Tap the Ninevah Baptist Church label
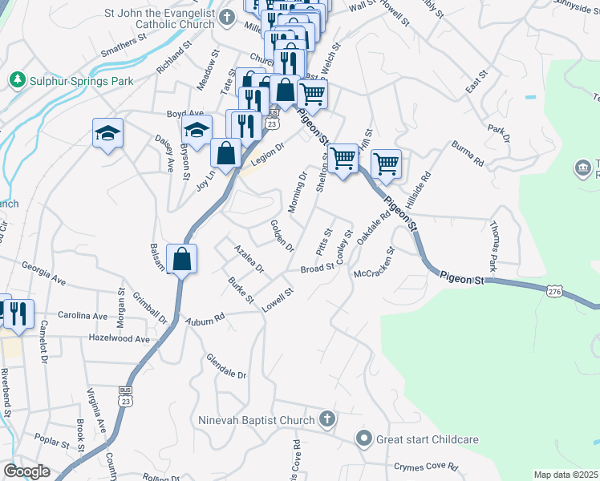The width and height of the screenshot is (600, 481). [x=257, y=419]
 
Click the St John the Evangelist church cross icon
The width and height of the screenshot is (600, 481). [x=228, y=16]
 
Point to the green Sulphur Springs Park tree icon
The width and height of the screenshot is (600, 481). [x=16, y=80]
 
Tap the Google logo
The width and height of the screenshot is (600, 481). [x=26, y=471]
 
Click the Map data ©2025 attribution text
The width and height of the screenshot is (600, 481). [x=566, y=475]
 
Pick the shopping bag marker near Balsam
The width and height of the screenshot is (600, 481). [x=182, y=259]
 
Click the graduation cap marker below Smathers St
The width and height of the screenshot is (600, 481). [x=107, y=133]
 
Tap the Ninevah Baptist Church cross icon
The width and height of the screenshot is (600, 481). [x=326, y=418]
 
